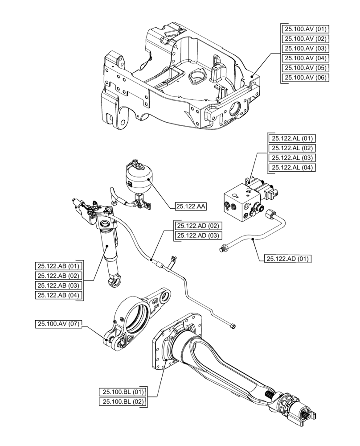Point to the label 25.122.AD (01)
(288, 258)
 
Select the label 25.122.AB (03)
(58, 285)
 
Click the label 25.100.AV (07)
(58, 324)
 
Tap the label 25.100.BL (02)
(122, 402)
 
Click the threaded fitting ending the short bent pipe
(224, 248)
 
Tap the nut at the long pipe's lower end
(233, 326)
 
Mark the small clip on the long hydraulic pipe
(172, 258)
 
